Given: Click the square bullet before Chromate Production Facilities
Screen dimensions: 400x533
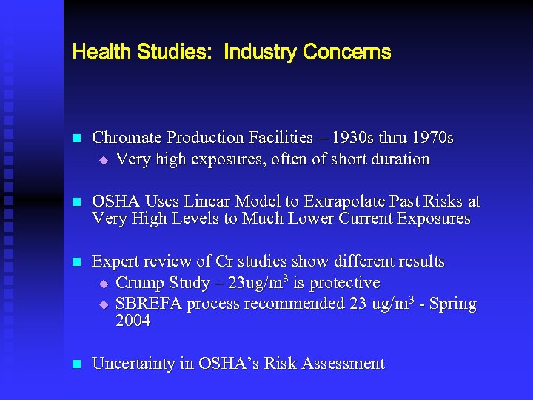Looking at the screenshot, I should tap(74, 139).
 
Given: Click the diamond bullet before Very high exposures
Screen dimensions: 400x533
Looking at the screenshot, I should tap(104, 159).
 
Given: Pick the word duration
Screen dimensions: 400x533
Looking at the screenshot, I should tap(400, 159).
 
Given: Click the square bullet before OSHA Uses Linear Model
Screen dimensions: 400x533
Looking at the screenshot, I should tap(74, 202).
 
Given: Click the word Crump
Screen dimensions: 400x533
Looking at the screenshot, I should tap(140, 283).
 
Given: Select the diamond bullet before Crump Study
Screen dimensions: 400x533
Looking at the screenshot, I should tap(104, 284).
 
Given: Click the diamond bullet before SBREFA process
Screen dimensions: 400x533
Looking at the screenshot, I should tap(104, 304).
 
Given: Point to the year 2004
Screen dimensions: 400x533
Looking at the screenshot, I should tap(133, 321).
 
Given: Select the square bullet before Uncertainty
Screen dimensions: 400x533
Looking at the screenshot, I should tap(74, 364).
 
